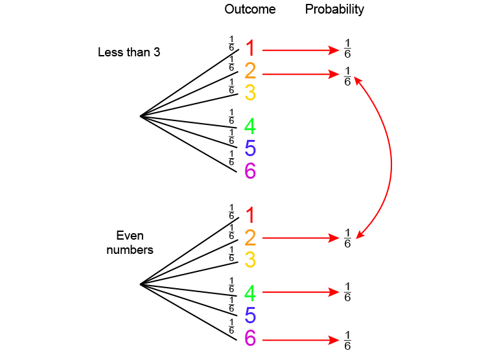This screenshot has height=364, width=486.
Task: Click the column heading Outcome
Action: pyautogui.click(x=250, y=9)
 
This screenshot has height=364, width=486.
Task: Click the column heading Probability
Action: pyautogui.click(x=334, y=9)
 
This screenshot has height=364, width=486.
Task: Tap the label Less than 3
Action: pyautogui.click(x=129, y=52)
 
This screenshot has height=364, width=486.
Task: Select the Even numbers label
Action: pyautogui.click(x=130, y=242)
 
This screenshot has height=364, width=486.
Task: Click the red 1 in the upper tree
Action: pyautogui.click(x=250, y=49)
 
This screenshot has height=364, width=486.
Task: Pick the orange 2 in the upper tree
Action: pyautogui.click(x=250, y=71)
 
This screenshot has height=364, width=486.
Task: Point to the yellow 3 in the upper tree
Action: pyautogui.click(x=250, y=93)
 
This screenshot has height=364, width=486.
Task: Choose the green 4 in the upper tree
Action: pyautogui.click(x=250, y=126)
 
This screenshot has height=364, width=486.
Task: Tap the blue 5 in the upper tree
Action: pyautogui.click(x=250, y=149)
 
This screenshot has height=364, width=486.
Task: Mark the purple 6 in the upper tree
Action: pyautogui.click(x=250, y=171)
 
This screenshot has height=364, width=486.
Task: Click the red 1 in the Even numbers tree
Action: pyautogui.click(x=250, y=215)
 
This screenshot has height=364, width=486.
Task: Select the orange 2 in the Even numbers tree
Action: pyautogui.click(x=250, y=238)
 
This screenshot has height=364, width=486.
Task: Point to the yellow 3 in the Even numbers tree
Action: pyautogui.click(x=250, y=260)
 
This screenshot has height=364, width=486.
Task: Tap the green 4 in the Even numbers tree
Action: pyautogui.click(x=250, y=293)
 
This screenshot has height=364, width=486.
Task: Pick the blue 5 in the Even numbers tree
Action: pyautogui.click(x=250, y=316)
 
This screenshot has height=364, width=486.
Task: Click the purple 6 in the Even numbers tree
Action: pyautogui.click(x=250, y=338)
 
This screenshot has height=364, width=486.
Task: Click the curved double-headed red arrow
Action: pyautogui.click(x=391, y=159)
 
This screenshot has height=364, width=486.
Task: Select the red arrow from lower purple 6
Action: pyautogui.click(x=301, y=339)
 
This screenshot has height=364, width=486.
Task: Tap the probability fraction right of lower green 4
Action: pyautogui.click(x=347, y=292)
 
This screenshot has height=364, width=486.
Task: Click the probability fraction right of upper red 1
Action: pyautogui.click(x=347, y=49)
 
